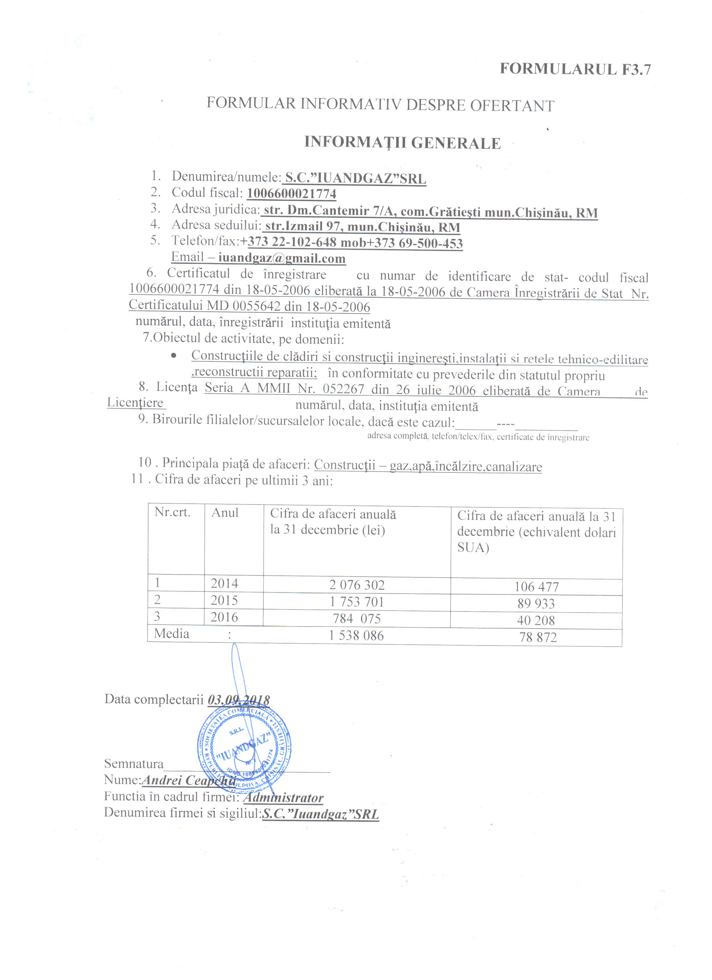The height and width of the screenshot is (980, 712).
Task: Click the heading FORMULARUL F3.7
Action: pos(575,70)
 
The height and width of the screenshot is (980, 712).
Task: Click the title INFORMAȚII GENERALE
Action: pos(402,143)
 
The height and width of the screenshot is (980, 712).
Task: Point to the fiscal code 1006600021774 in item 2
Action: pos(292,194)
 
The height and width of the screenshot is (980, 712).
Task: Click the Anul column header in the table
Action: pos(225,513)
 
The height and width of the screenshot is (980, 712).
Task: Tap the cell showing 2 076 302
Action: pos(357,585)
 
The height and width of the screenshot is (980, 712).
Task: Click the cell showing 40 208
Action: pos(536,620)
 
